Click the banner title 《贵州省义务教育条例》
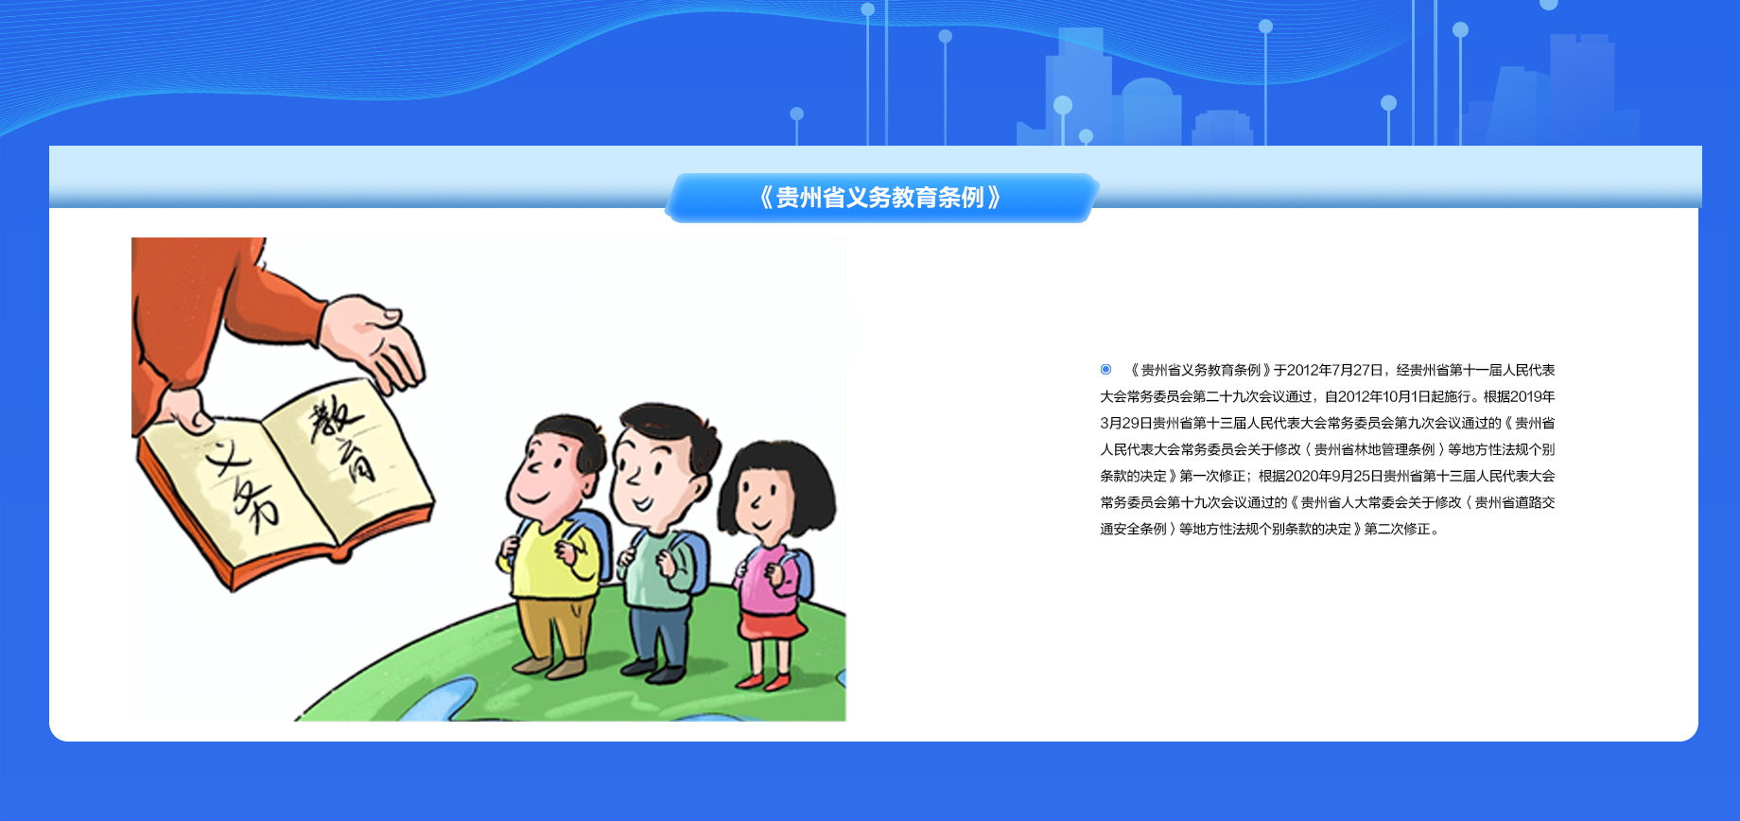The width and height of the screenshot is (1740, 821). pos(880,198)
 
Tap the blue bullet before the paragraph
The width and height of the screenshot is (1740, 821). pos(1105,369)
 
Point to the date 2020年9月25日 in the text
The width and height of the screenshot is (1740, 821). pos(1334,476)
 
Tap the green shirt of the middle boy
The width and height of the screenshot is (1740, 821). pos(660,568)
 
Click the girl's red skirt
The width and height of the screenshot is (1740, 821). pos(772,623)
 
